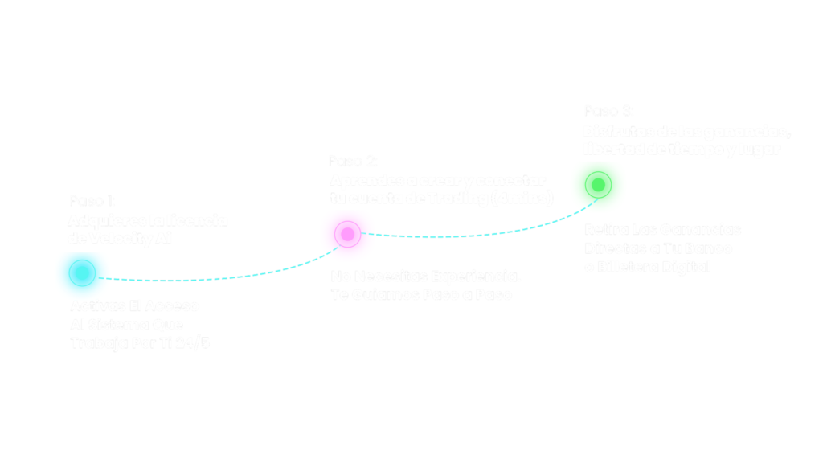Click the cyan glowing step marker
[x=81, y=273]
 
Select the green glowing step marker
[x=598, y=186]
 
